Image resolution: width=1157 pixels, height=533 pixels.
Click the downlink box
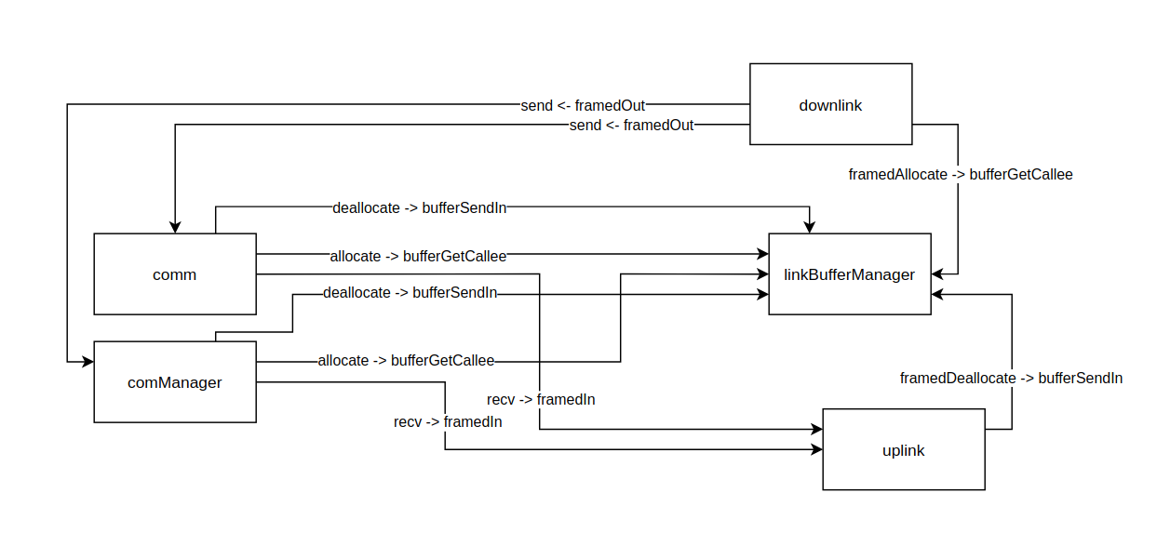[x=830, y=104]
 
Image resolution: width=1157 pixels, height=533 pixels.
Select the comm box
[x=174, y=274]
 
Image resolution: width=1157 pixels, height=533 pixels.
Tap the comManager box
[x=174, y=381]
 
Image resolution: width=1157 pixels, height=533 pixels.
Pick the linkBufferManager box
[x=849, y=274]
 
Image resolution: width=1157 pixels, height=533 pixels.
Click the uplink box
[x=903, y=450]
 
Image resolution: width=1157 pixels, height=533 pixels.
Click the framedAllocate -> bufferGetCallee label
[x=960, y=174]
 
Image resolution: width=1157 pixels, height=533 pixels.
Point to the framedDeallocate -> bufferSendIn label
[x=1011, y=378]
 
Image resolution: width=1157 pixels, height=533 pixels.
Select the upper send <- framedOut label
[x=583, y=105]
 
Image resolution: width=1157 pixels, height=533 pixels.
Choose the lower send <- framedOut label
[x=631, y=125]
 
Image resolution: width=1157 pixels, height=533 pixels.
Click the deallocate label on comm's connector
[x=419, y=207]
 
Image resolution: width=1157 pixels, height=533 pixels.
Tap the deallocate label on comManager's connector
[x=410, y=293]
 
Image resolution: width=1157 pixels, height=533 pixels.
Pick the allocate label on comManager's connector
[x=406, y=360]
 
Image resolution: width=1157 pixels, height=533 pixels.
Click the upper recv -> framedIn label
[x=541, y=399]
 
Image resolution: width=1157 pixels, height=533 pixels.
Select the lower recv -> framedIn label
[x=448, y=421]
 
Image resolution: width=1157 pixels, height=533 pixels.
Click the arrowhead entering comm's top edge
[x=175, y=228]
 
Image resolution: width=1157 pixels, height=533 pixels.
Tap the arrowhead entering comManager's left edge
[x=88, y=360]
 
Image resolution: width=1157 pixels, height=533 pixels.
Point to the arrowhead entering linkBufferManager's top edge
[x=810, y=228]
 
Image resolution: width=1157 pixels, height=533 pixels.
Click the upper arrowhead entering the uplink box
[x=816, y=430]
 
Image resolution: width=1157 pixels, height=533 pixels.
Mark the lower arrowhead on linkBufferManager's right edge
[x=937, y=294]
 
